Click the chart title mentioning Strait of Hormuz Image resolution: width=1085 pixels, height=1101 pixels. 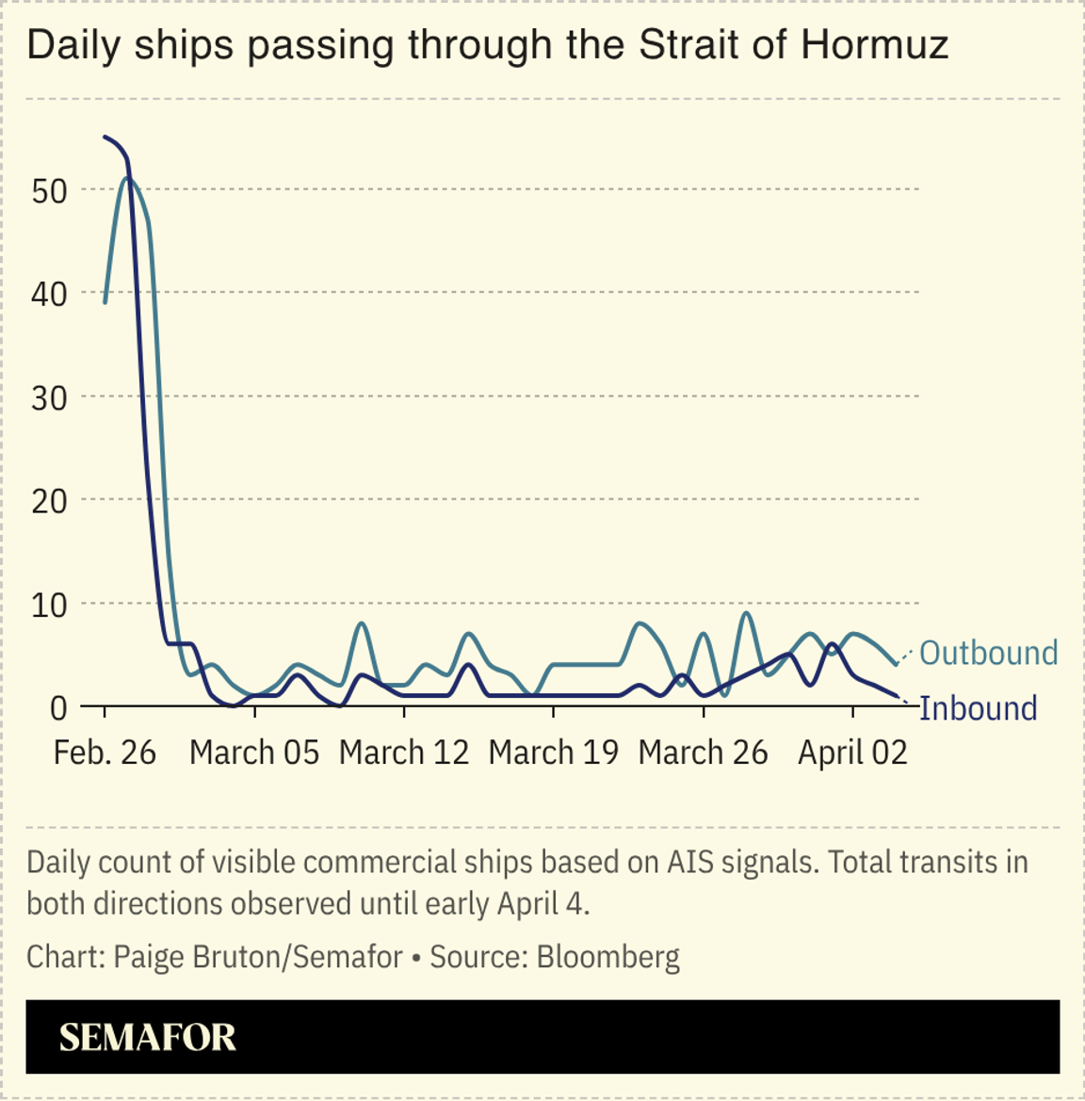[487, 44]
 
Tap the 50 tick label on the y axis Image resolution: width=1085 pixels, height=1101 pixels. [49, 190]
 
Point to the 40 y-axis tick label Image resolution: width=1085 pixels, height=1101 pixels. [49, 294]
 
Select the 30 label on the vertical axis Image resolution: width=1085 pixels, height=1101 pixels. [49, 397]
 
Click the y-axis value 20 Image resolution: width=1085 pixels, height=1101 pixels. [49, 501]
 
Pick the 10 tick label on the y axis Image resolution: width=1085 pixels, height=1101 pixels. [49, 605]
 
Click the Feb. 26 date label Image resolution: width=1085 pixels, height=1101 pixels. [105, 753]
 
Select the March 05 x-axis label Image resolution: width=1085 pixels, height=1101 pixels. [254, 753]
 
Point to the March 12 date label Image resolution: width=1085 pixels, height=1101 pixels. [404, 753]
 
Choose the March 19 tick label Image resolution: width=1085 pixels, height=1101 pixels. [554, 753]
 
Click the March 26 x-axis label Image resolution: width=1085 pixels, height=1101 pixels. [703, 753]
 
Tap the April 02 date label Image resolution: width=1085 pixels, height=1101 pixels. [852, 753]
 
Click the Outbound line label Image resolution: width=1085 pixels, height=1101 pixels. [988, 653]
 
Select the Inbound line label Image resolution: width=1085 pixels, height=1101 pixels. [978, 708]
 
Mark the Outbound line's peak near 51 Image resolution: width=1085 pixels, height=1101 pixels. [127, 178]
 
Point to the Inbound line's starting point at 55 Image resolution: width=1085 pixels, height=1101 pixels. [105, 138]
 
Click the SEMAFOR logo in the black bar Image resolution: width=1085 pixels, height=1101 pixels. [148, 1037]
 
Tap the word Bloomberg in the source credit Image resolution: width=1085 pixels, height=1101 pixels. [607, 957]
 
